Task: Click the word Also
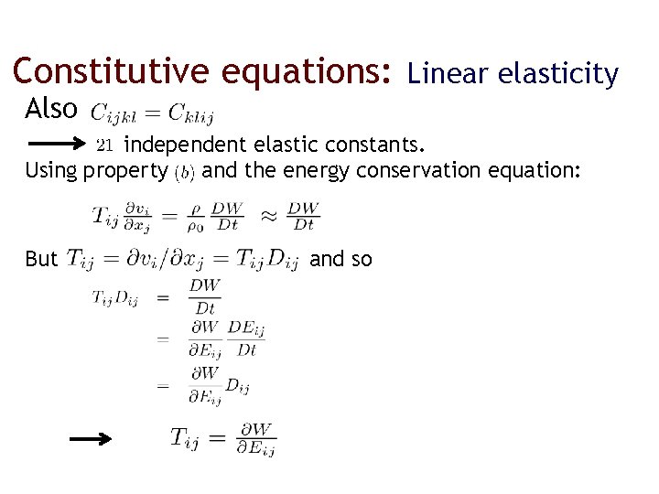tap(51, 109)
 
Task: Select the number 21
tap(105, 145)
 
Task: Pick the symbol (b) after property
tap(185, 171)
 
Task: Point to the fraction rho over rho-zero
tap(196, 218)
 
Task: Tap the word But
tap(41, 260)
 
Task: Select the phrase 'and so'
tap(341, 260)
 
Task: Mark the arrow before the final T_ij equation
tap(92, 439)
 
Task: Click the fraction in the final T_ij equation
tap(255, 438)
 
